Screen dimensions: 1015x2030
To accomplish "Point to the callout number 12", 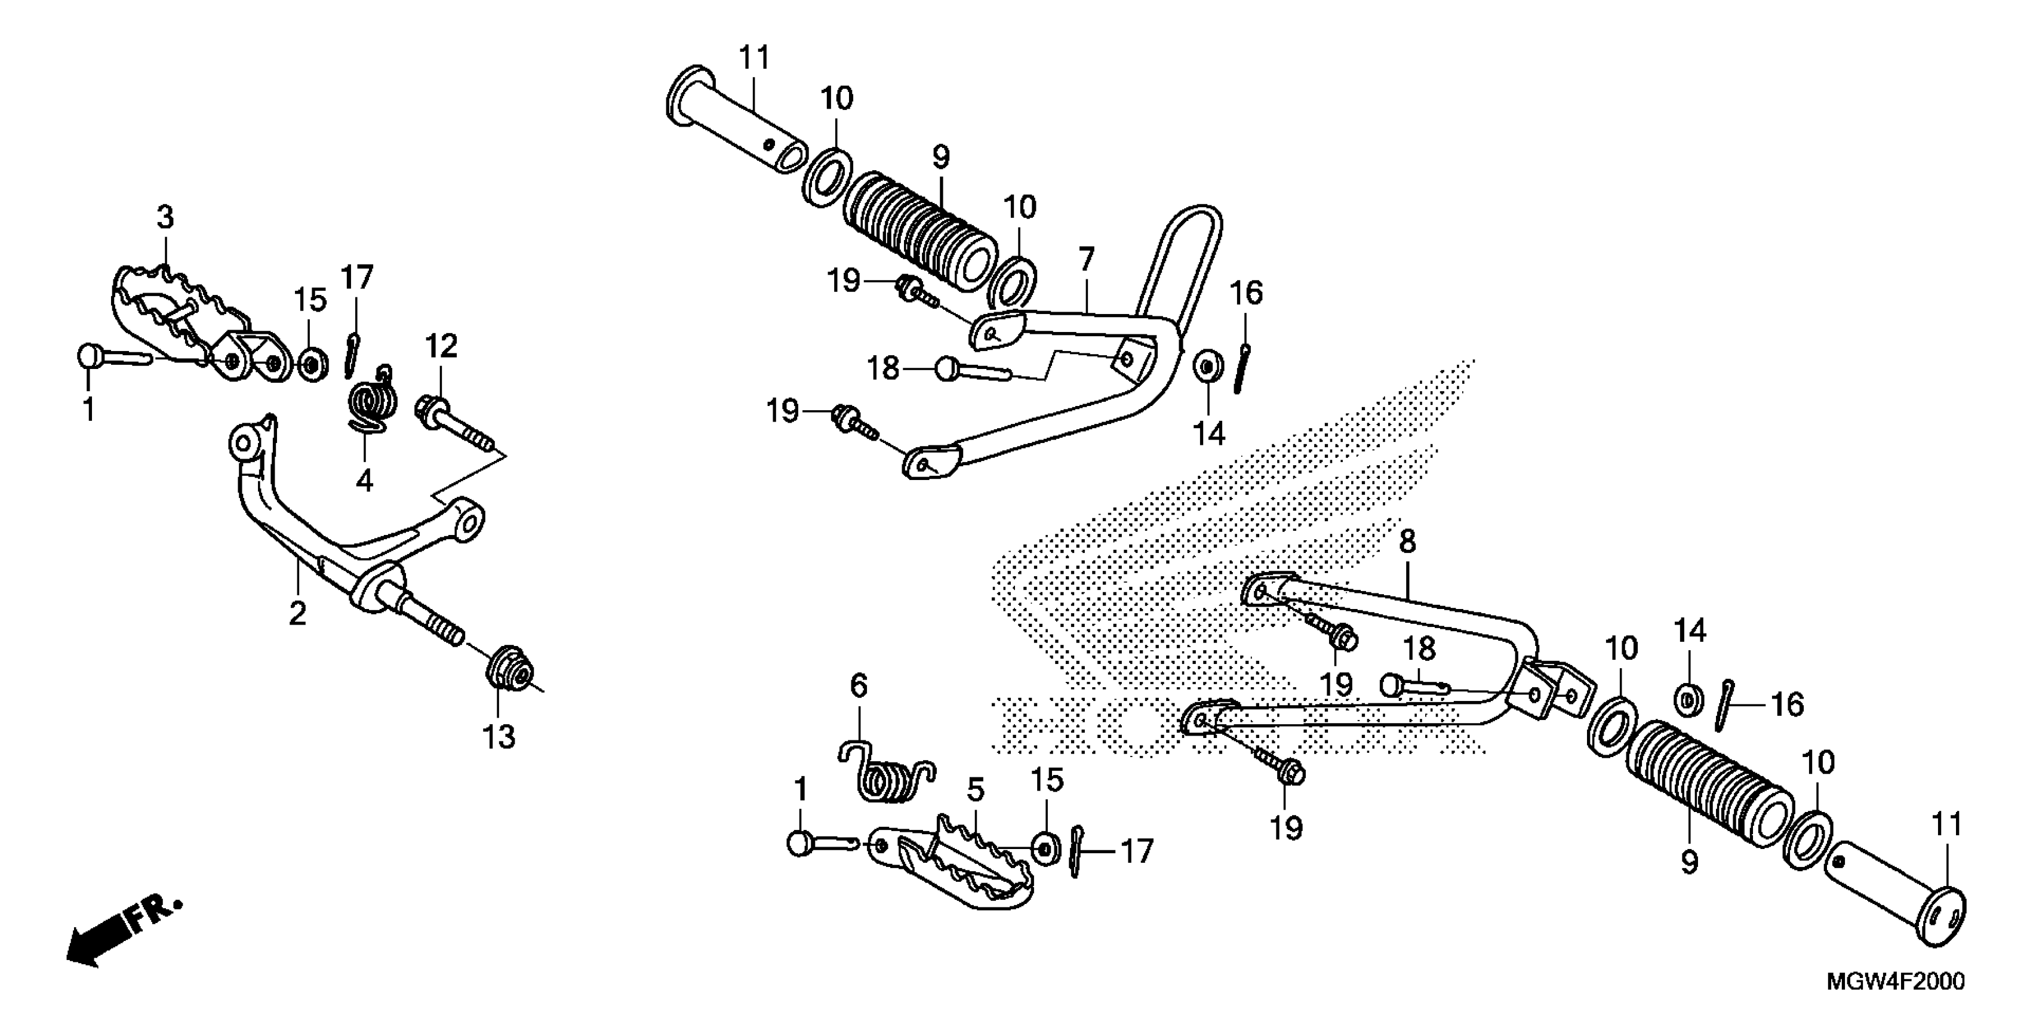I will coord(441,346).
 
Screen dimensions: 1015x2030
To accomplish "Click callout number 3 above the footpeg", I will coord(165,217).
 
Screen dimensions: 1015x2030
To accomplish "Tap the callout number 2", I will coord(297,613).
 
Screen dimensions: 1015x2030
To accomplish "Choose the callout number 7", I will coord(1086,259).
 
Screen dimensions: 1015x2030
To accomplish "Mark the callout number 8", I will coord(1407,542).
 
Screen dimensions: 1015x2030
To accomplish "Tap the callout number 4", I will coord(364,480).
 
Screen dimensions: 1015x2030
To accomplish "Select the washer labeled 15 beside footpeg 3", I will coord(313,364).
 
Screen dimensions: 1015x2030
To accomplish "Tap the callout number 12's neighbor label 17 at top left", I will coord(356,278).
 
